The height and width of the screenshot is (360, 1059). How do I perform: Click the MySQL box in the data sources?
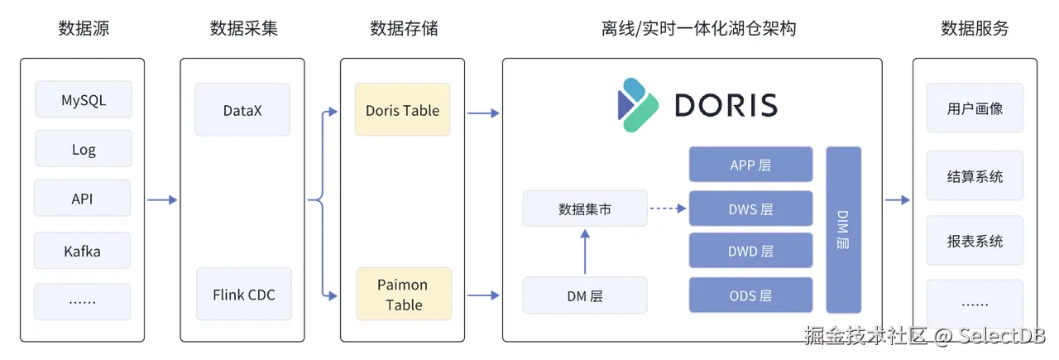tap(84, 99)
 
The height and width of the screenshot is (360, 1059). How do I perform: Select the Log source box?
tap(84, 149)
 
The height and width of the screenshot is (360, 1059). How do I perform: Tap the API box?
tap(83, 199)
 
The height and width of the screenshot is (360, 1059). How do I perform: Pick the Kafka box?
tap(83, 250)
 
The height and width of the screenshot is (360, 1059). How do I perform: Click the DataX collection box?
tap(242, 109)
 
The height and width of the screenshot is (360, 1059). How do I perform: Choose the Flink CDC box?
tap(244, 294)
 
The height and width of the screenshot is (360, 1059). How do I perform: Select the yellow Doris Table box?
tap(403, 109)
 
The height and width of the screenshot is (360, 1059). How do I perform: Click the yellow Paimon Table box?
tap(404, 294)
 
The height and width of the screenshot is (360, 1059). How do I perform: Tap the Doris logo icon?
tap(638, 104)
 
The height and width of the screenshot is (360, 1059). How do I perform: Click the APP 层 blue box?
tap(750, 165)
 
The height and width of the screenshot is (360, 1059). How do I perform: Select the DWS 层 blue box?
tap(750, 209)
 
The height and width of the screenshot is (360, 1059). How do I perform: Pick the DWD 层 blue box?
tap(750, 251)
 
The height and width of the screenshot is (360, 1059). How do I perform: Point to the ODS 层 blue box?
tap(750, 295)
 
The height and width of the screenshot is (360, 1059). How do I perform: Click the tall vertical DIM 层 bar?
tap(843, 230)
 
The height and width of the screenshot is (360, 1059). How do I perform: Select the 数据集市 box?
tap(585, 209)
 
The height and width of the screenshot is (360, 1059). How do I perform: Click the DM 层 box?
tap(585, 295)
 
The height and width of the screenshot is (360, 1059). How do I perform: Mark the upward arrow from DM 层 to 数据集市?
tap(585, 252)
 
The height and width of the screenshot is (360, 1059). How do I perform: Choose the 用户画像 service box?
tap(975, 108)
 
